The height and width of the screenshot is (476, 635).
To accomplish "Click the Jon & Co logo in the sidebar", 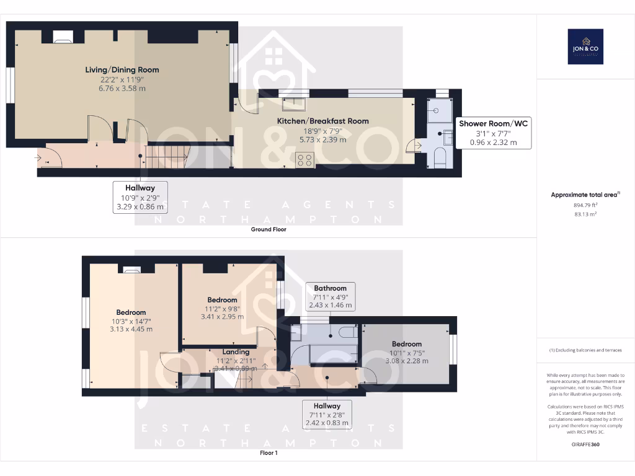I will (x=585, y=46).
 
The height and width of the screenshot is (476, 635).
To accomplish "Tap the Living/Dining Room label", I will (x=122, y=70).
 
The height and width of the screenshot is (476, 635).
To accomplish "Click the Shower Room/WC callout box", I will (x=493, y=133).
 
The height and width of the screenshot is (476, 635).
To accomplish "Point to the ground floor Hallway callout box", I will (x=140, y=197).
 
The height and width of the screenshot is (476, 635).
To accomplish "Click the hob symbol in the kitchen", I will (x=305, y=160).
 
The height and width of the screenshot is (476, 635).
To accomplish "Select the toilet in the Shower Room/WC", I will (x=440, y=159).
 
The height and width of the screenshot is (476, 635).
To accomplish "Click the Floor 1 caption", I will (x=269, y=453).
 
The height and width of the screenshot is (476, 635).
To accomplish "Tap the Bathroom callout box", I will (x=330, y=296).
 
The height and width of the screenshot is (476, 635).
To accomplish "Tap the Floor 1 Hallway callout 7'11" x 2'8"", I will (x=327, y=414).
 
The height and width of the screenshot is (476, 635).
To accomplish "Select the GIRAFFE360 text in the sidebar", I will (x=585, y=444).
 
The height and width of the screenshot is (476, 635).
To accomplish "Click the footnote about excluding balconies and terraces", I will (x=585, y=350).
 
